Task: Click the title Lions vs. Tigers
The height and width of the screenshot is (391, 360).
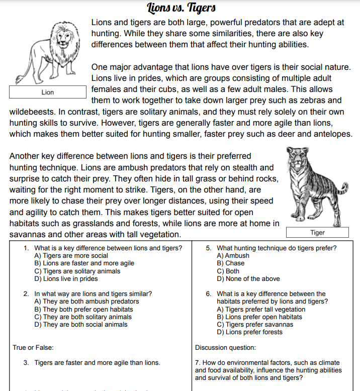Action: click(182, 8)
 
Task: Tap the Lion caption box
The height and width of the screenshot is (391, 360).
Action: click(48, 92)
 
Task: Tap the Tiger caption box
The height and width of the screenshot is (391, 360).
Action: click(317, 232)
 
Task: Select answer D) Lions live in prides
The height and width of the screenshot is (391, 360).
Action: click(66, 278)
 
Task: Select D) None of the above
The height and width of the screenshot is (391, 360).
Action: click(248, 278)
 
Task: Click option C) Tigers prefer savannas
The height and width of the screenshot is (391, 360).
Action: click(255, 324)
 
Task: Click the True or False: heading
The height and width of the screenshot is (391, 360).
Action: click(33, 347)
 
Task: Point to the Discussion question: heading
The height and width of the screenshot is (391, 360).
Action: click(225, 347)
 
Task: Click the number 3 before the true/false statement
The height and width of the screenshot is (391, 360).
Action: click(26, 362)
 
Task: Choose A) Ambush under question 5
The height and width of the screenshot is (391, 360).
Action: click(233, 256)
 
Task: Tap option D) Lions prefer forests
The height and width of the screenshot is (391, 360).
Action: click(249, 332)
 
